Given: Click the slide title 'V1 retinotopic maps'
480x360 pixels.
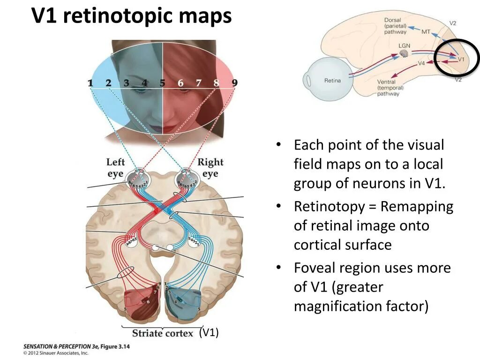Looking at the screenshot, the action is (132, 16).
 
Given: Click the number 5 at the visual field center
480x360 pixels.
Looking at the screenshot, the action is (162, 83).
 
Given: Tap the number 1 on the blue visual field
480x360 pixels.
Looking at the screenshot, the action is (90, 83).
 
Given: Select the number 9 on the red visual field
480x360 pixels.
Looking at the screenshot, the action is (234, 83).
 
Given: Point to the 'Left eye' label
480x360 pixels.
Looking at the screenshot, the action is (115, 168).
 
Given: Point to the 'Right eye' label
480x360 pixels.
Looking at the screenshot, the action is (210, 168).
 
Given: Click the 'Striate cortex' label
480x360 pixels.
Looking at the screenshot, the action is (162, 333).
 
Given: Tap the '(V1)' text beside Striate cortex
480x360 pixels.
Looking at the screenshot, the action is (209, 332).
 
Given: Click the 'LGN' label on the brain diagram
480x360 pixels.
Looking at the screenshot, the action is (404, 45).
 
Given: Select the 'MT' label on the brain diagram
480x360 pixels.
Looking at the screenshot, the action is (426, 32).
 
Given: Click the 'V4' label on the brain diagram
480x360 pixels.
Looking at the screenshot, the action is (421, 63).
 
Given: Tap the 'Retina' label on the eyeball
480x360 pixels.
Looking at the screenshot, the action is (332, 80).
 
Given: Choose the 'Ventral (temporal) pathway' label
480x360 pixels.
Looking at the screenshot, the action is (390, 88).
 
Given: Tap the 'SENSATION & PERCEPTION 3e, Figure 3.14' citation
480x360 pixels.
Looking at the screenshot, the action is (76, 346).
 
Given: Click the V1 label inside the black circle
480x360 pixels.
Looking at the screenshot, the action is (461, 60).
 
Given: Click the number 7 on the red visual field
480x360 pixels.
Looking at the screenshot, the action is (198, 83).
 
